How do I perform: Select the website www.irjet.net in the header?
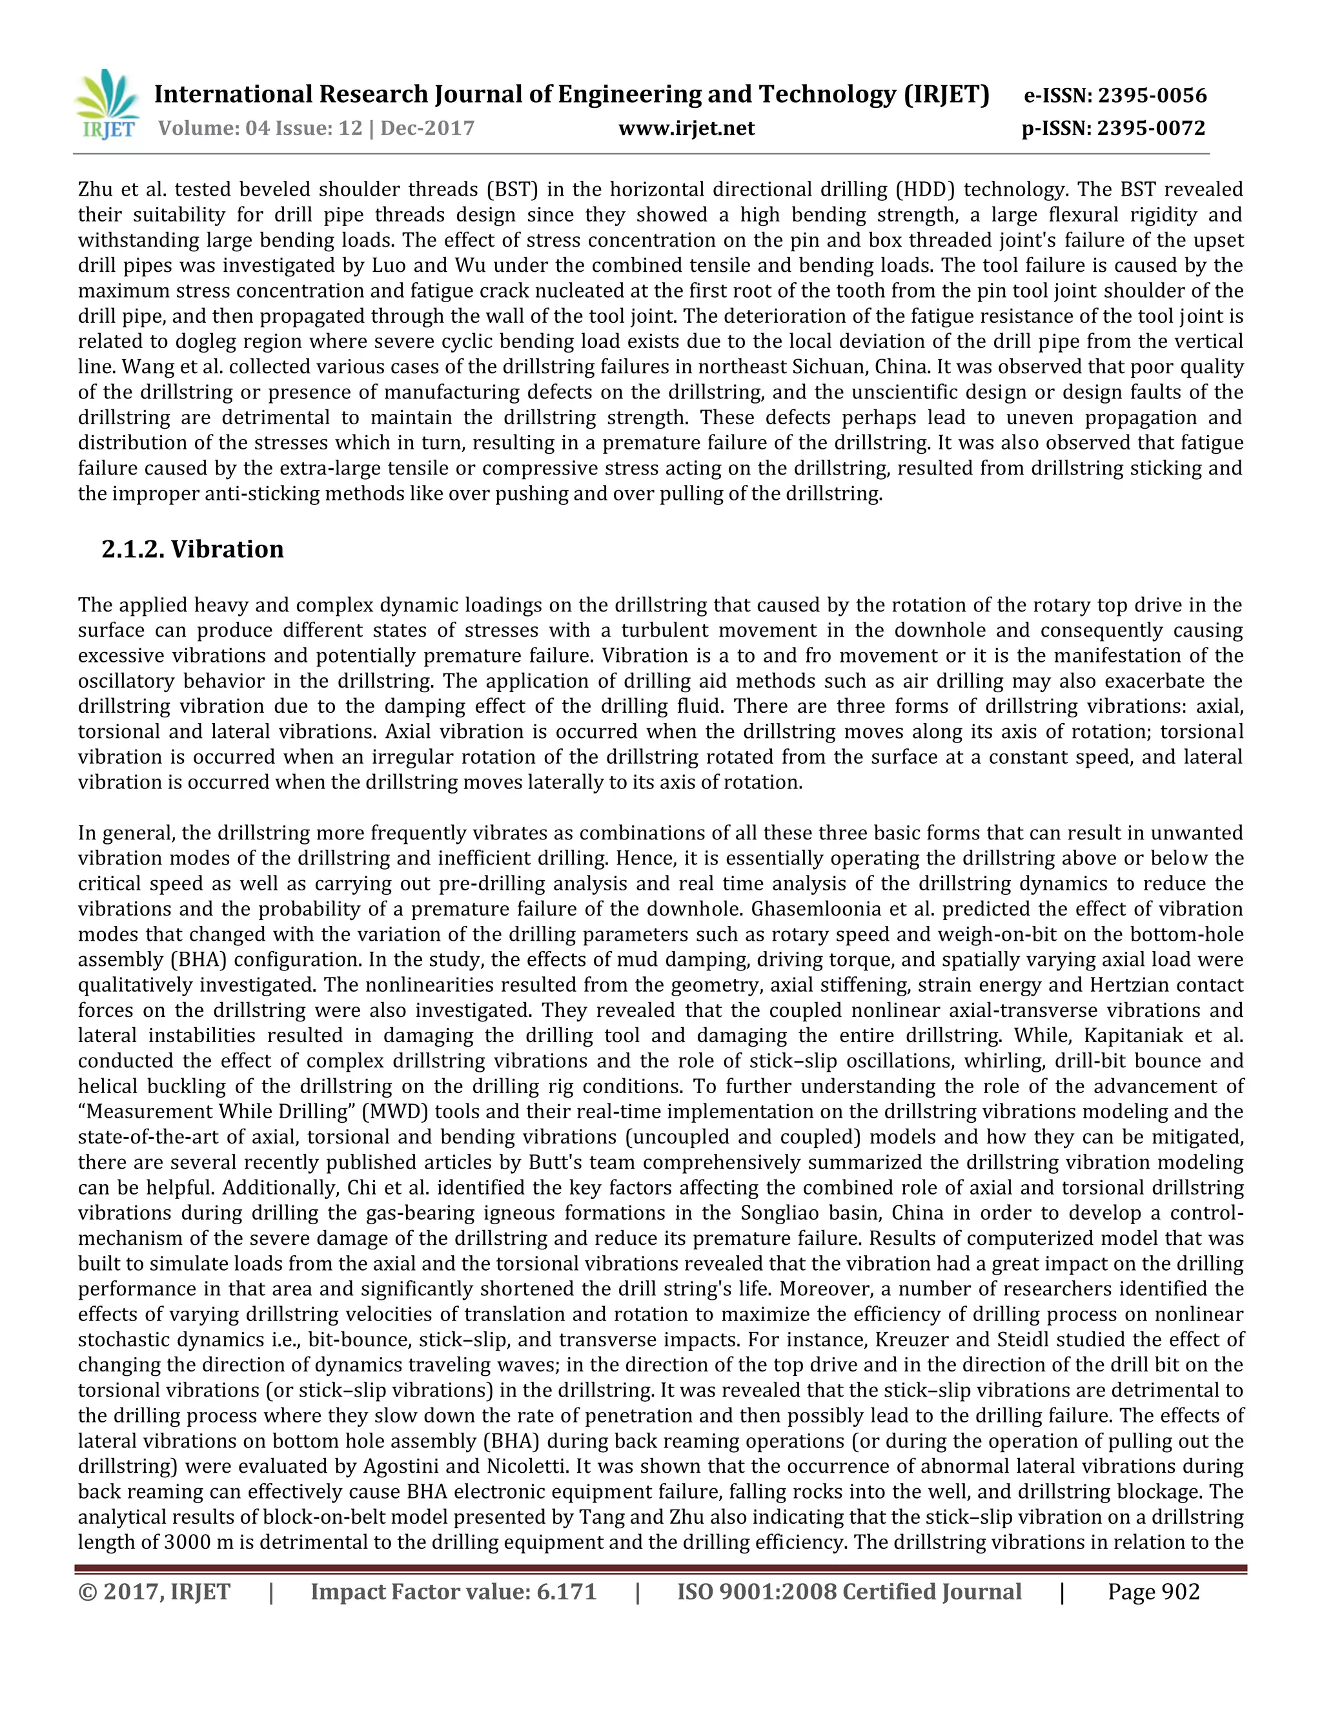(686, 128)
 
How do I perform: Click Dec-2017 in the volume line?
(427, 128)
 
